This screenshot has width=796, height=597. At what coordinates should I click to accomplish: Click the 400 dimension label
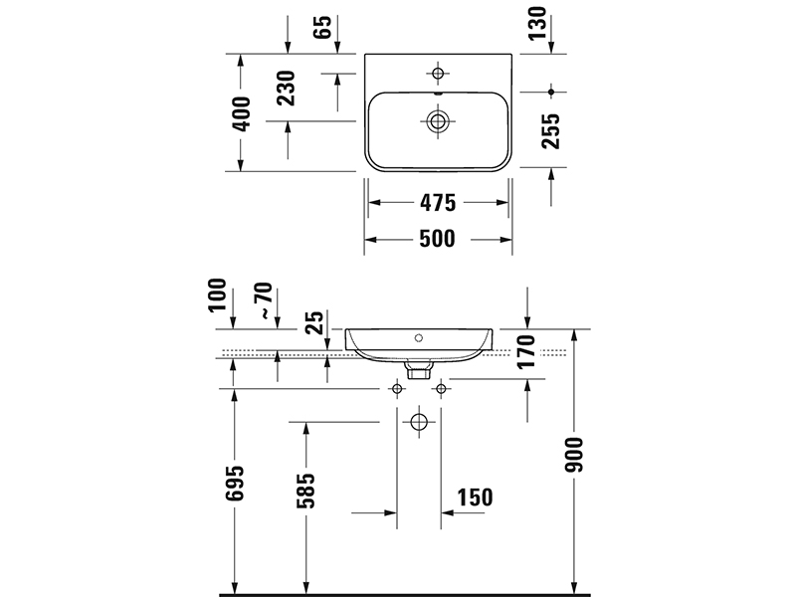pos(240,112)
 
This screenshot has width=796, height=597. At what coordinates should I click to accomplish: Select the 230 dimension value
pos(288,89)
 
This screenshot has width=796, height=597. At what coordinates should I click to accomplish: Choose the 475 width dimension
pos(436,203)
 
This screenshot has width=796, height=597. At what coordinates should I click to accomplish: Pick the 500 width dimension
pos(436,239)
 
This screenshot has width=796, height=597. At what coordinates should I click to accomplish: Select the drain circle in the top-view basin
pos(438,121)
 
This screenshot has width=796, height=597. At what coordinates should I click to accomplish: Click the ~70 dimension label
pos(263,299)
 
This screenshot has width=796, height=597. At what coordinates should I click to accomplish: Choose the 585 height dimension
pos(305,490)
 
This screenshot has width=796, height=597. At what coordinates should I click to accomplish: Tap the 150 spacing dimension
pos(475,497)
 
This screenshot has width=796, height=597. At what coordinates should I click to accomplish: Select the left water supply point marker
pos(396,388)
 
